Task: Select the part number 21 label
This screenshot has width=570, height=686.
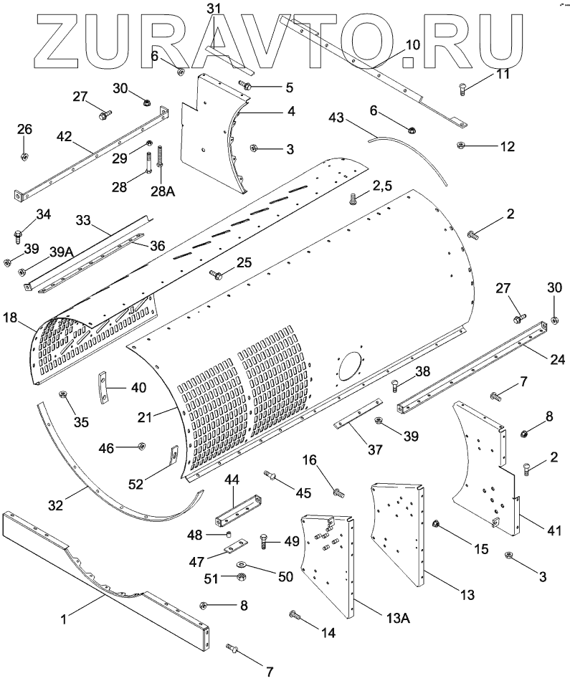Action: point(145,417)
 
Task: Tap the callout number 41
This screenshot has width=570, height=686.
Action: point(554,531)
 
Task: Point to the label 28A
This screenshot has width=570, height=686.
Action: point(161,191)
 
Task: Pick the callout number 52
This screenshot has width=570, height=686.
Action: point(136,484)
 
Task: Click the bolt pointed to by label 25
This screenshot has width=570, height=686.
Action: point(216,275)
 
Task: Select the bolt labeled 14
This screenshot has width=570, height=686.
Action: point(295,616)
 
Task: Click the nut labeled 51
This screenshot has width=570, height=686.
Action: point(241,577)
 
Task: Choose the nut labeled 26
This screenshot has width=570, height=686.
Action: point(24,156)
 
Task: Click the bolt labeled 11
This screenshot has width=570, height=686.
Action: point(464,88)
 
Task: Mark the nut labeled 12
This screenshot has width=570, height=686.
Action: point(460,145)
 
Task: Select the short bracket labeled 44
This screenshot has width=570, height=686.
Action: point(237,511)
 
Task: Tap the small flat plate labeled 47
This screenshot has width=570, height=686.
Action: point(235,546)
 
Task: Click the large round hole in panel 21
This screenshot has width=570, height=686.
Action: point(349,362)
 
